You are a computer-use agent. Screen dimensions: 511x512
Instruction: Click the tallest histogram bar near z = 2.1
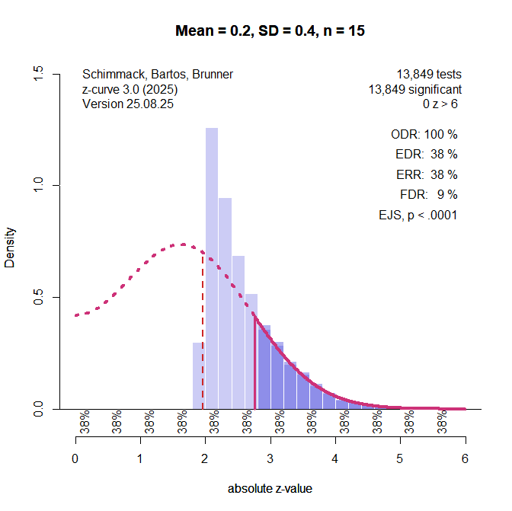(212, 267)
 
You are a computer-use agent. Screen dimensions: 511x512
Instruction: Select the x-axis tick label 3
(270, 459)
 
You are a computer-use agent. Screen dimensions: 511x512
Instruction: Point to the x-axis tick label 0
(75, 459)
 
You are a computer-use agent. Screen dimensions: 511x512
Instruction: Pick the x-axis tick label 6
(465, 459)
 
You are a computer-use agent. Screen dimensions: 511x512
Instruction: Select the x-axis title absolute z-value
(270, 489)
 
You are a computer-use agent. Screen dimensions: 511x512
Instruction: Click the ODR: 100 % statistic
(424, 134)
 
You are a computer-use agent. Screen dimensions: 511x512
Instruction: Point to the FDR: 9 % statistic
(428, 194)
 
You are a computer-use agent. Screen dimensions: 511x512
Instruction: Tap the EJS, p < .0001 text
(418, 215)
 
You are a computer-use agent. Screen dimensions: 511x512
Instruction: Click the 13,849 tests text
(428, 75)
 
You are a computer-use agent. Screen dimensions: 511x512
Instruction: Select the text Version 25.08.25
(127, 104)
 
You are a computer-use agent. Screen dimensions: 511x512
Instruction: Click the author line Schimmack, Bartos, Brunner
(157, 75)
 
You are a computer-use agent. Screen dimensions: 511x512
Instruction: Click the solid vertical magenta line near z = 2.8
(254, 362)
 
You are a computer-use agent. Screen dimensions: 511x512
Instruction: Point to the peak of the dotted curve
(183, 244)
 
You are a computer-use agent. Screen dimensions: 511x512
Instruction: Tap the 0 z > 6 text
(442, 104)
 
